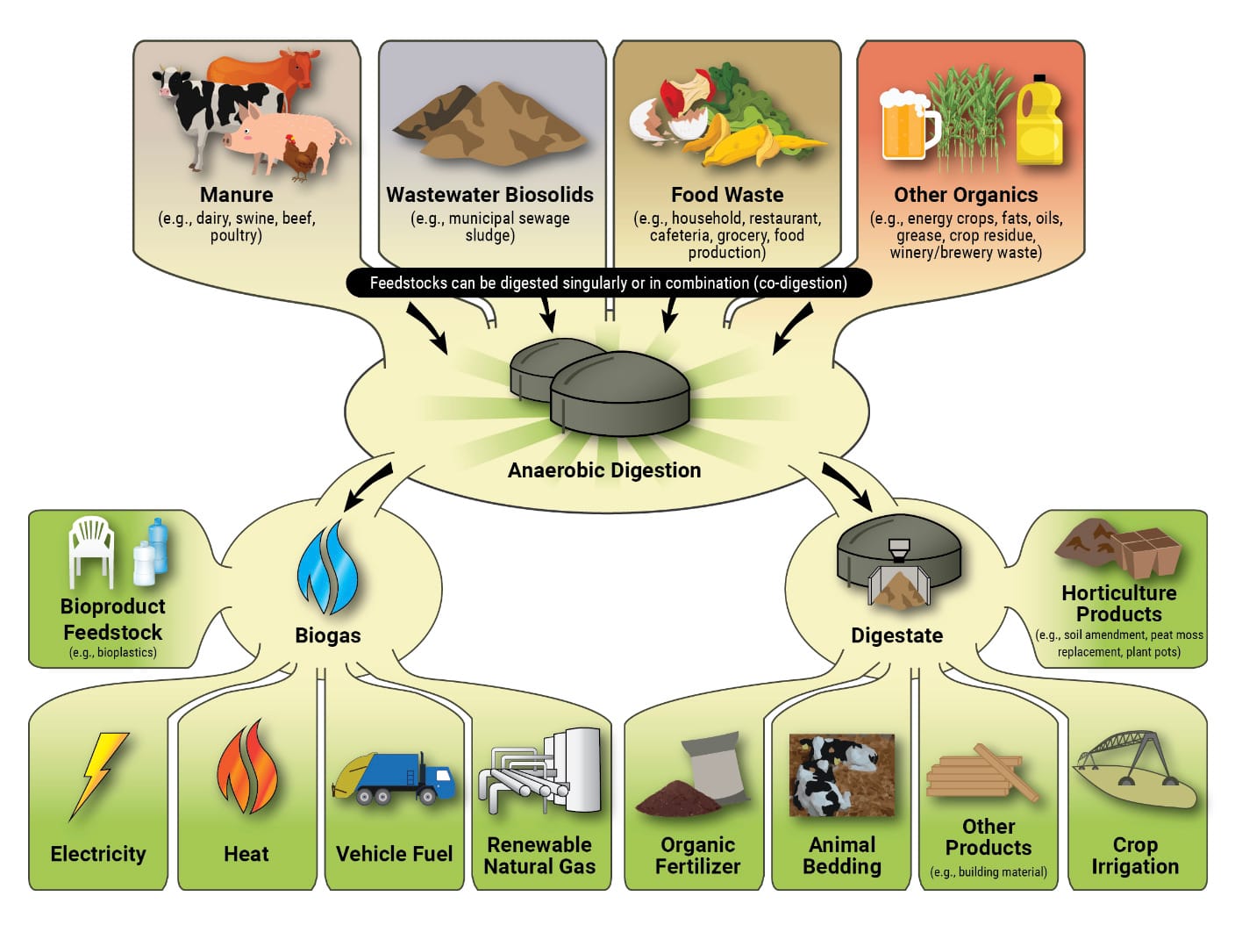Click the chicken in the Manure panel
coord(300,158)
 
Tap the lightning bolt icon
coord(100,771)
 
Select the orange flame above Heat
coord(246,768)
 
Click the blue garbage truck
coord(395,777)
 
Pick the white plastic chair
coord(92,549)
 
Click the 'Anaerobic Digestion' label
coord(604,470)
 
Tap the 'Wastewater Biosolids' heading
coord(489,195)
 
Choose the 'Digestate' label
coord(896,635)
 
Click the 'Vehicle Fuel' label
coord(394,854)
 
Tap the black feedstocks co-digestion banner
coord(608,283)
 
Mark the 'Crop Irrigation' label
coord(1134,856)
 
